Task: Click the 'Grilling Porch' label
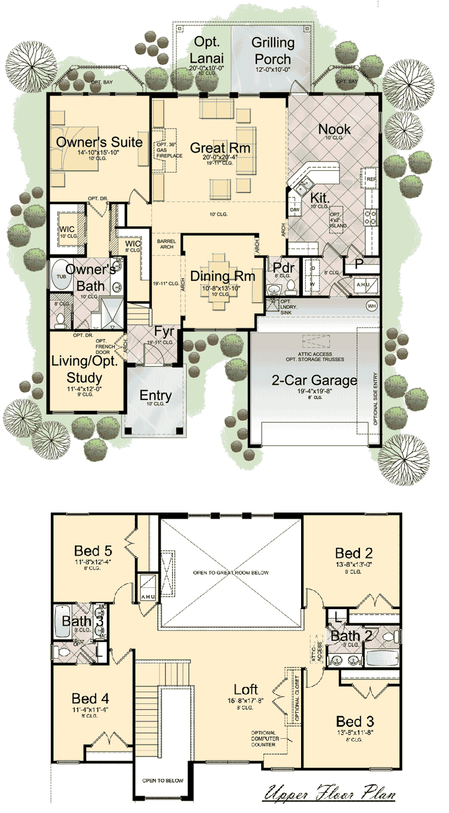click(273, 51)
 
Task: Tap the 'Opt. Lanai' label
click(204, 51)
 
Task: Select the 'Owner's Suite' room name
click(99, 142)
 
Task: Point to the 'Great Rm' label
click(220, 147)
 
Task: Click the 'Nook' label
click(334, 129)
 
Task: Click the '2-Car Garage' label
click(314, 380)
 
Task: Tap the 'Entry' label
click(156, 395)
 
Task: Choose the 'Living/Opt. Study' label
click(85, 368)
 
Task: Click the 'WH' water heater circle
click(371, 306)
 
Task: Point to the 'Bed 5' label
click(93, 551)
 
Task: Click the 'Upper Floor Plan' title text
click(329, 794)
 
